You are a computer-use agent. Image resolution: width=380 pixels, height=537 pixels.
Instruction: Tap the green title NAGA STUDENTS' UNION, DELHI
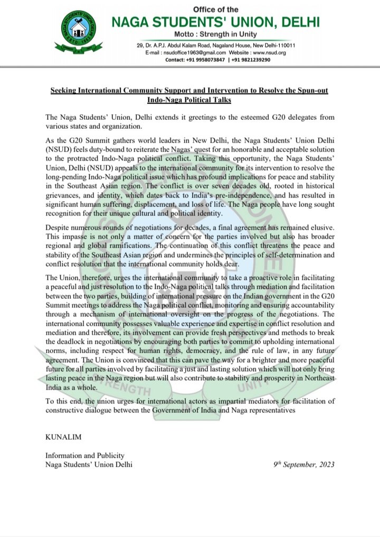[215, 22]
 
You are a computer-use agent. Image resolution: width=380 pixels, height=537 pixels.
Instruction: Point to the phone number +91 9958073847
[206, 60]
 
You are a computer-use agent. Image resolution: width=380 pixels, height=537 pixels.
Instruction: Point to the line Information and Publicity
[85, 455]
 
